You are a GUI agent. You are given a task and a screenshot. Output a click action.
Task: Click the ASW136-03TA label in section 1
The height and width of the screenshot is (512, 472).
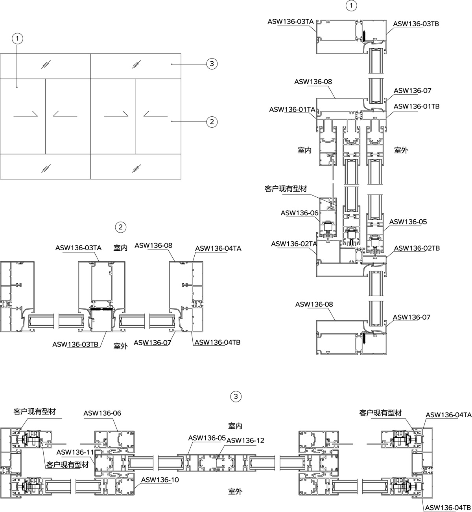(x=291, y=22)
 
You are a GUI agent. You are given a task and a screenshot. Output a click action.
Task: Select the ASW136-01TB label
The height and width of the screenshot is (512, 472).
(x=417, y=106)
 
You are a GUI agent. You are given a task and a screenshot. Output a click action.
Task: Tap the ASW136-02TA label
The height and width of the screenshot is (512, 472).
(x=294, y=244)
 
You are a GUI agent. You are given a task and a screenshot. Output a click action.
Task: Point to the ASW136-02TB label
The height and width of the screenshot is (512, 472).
(x=417, y=248)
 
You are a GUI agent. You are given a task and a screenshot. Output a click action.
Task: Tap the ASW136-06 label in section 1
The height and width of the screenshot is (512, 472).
(x=299, y=213)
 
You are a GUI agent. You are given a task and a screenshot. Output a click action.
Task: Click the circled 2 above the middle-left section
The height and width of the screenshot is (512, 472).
(x=121, y=227)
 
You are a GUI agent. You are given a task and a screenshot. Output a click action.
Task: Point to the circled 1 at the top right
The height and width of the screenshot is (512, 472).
(x=351, y=6)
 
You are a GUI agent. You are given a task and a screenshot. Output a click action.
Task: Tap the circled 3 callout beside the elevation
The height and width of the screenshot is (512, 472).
(x=212, y=64)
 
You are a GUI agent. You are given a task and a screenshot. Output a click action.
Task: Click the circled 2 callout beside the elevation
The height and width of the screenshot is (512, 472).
(x=212, y=122)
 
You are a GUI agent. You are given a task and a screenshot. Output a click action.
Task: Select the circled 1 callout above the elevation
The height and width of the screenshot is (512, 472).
(x=17, y=39)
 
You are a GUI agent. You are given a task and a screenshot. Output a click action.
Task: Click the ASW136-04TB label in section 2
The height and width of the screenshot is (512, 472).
(x=218, y=342)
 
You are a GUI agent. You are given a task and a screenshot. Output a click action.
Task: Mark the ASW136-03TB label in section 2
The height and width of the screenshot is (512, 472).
(x=76, y=344)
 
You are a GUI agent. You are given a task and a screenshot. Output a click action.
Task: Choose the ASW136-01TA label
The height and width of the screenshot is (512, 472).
(x=292, y=110)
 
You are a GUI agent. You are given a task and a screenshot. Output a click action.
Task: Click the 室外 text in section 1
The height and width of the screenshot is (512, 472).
(x=401, y=150)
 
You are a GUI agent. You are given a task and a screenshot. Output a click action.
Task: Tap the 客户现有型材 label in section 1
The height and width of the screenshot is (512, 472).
(x=286, y=189)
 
